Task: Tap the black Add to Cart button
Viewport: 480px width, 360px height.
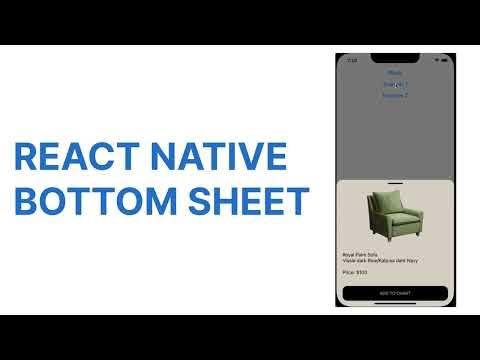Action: pos(395,293)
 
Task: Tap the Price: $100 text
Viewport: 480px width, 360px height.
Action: pos(355,271)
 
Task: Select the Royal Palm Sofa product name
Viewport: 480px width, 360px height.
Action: pos(361,255)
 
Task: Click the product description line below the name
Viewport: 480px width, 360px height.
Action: pos(380,261)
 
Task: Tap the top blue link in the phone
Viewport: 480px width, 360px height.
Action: pos(395,73)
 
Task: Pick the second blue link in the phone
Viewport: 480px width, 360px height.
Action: pos(395,84)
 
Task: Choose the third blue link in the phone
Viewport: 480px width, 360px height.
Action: pos(395,95)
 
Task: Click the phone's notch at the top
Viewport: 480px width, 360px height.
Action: pos(395,58)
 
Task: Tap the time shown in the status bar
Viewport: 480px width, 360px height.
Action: pos(351,60)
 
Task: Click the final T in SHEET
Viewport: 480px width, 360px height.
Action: pos(295,200)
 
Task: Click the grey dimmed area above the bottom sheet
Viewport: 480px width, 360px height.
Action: pos(395,140)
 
